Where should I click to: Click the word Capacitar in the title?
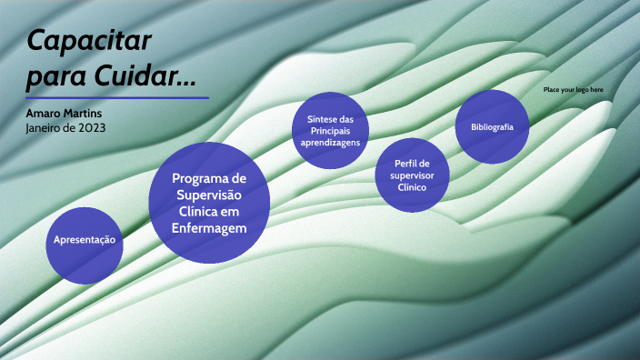pyautogui.click(x=89, y=41)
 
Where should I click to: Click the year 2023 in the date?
pyautogui.click(x=91, y=127)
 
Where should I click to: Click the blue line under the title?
pyautogui.click(x=117, y=97)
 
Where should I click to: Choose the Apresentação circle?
pyautogui.click(x=85, y=241)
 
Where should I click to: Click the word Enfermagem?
pyautogui.click(x=210, y=228)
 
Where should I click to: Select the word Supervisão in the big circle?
pyautogui.click(x=210, y=195)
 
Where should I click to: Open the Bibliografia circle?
pyautogui.click(x=493, y=127)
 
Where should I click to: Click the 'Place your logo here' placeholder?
pyautogui.click(x=573, y=90)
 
